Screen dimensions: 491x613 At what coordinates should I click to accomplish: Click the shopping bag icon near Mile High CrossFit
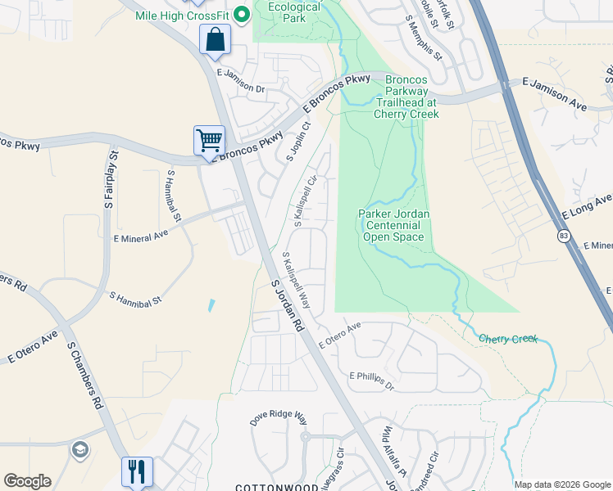pos(215,39)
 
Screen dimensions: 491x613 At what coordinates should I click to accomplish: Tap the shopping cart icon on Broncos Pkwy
pos(209,140)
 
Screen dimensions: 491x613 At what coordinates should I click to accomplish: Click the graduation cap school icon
pos(80,449)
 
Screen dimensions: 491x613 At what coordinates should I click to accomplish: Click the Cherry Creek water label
pos(508,338)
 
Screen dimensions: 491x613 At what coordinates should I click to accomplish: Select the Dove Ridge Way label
pos(278,417)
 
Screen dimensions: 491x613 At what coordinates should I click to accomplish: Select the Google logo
pos(28,481)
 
